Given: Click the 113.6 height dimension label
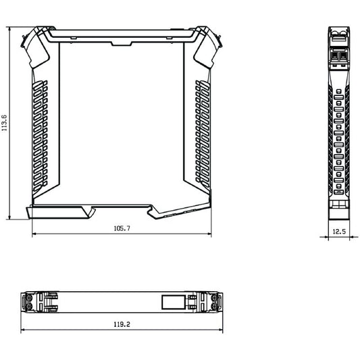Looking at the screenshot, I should tap(5, 124).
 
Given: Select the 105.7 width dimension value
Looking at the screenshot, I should tap(122, 229).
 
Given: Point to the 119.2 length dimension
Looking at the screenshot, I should tap(122, 324).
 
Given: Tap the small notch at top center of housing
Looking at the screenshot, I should tap(121, 41).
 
